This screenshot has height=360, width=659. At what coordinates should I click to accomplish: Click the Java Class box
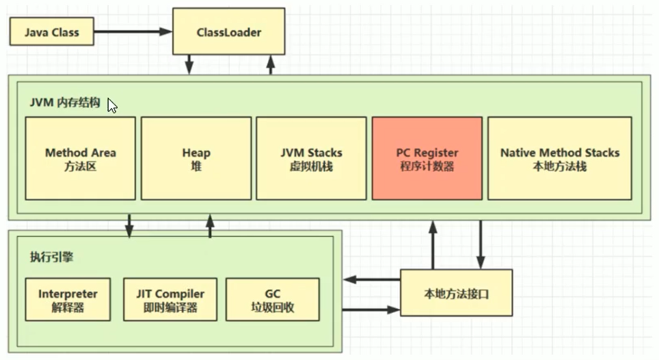(52, 32)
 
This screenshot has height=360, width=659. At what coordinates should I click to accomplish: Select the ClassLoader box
(228, 32)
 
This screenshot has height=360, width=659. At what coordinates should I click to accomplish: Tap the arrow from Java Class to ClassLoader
(133, 31)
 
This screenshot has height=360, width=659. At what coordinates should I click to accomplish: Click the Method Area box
(80, 158)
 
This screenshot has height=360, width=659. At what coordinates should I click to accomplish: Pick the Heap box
(196, 158)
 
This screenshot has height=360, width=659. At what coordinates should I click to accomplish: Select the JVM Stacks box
(311, 158)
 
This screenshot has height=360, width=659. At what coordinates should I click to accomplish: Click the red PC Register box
(427, 158)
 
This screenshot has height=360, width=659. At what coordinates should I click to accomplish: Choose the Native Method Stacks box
(559, 158)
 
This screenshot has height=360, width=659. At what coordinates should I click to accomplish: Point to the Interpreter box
(68, 300)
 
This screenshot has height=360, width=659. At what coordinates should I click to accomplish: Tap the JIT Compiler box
(170, 300)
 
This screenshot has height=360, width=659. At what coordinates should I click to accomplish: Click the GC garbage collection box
(272, 300)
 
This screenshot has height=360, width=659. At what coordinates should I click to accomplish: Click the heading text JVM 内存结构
(66, 102)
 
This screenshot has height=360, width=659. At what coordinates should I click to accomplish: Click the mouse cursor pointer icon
(111, 107)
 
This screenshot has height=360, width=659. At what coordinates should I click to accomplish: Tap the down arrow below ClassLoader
(189, 65)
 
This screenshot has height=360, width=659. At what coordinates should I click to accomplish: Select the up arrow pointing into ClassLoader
(271, 65)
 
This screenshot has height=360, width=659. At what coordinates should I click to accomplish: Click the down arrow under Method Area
(129, 226)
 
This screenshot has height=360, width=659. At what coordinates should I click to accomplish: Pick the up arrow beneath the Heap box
(210, 226)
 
